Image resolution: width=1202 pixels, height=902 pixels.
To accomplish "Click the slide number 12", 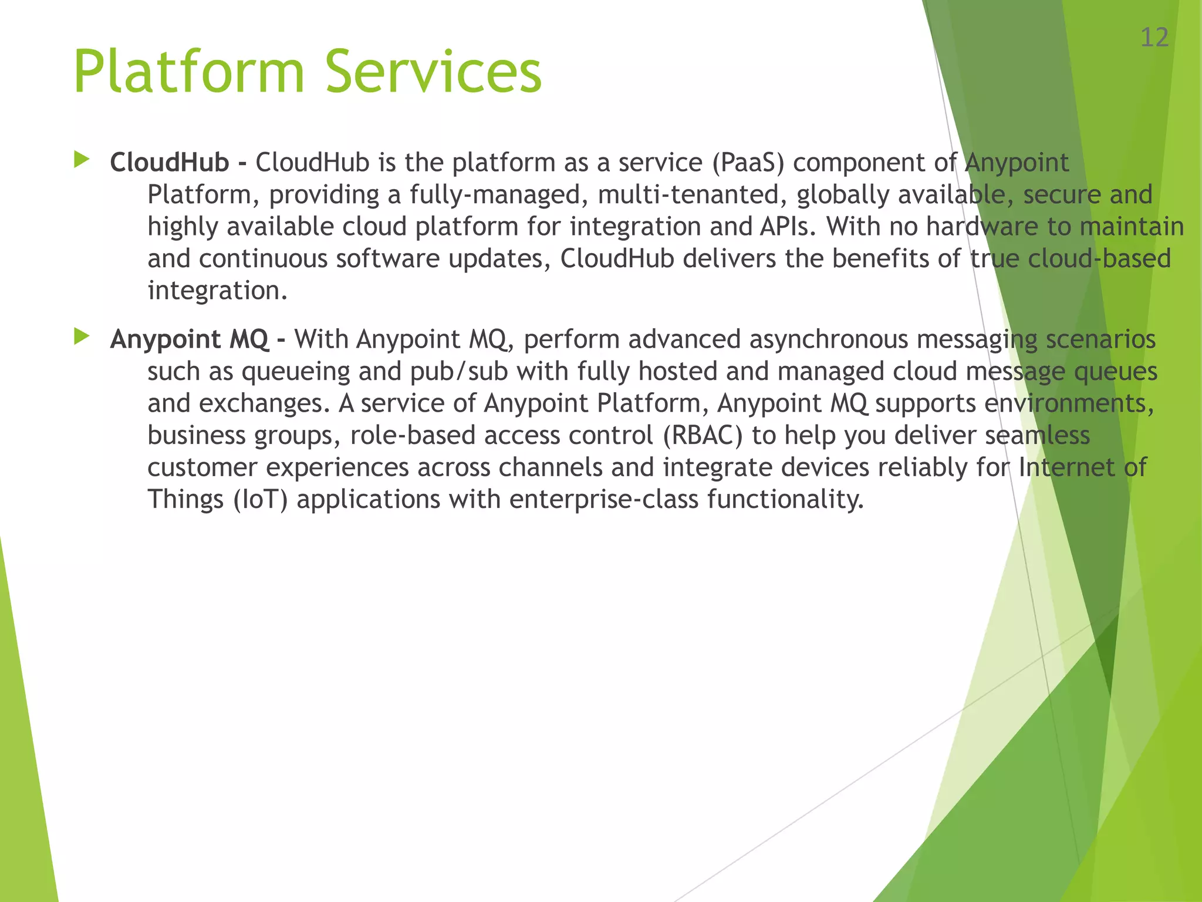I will coord(1154,38).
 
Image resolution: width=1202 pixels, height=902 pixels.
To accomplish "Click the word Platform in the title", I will coord(188,72).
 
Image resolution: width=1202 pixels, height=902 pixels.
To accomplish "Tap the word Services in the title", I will coord(433,72).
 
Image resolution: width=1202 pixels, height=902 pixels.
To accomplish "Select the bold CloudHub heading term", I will coord(170,163).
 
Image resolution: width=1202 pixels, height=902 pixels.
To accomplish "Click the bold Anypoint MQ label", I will coord(189,339).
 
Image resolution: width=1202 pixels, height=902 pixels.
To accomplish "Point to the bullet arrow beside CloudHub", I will coord(82,160).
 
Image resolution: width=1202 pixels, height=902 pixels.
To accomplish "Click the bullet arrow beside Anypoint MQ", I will coord(82,336).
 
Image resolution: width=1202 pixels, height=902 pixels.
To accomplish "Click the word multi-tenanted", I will coord(693,195).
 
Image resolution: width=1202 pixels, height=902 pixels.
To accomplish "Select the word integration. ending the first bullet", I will coord(217,291).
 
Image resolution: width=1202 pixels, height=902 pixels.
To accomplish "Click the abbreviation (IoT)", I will coord(261,500).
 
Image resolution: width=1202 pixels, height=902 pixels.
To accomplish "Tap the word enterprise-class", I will coord(604,500).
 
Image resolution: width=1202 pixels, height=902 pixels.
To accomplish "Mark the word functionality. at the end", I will coord(785,500).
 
